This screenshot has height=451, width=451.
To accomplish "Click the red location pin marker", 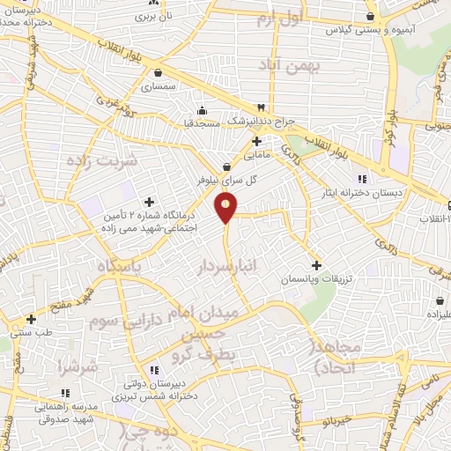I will pos(226,209).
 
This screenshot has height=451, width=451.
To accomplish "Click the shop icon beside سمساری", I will pos(158,73).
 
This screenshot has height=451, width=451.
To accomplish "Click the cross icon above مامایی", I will pos(256,141).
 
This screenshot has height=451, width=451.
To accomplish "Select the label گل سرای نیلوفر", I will pos(227,180).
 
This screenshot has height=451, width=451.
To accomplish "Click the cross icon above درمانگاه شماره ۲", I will pos(150,203).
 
